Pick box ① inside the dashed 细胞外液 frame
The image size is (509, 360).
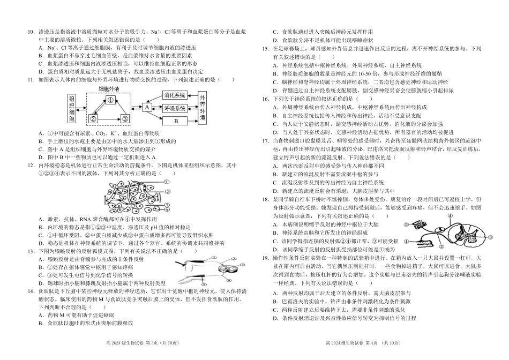tap(109, 100)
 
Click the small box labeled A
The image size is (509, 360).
tap(146, 107)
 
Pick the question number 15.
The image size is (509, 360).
tap(265, 49)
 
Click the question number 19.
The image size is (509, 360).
tap(265, 258)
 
